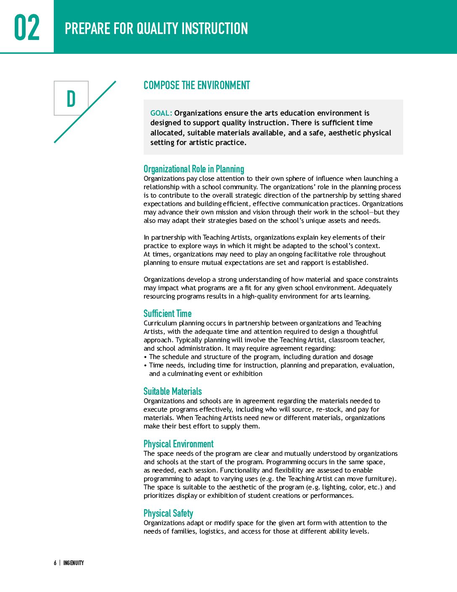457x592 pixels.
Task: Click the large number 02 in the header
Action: [x=27, y=28]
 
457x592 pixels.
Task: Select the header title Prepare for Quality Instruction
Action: [x=156, y=29]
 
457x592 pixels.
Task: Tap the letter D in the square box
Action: [x=71, y=99]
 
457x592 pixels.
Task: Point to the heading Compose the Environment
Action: [x=197, y=85]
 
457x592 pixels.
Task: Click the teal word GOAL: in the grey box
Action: [x=161, y=113]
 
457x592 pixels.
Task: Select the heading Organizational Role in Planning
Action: [x=194, y=169]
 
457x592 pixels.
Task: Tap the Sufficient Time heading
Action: [x=167, y=314]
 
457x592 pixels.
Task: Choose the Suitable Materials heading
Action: [x=172, y=391]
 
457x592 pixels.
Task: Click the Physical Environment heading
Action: [x=178, y=444]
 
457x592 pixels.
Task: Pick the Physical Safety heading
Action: [x=168, y=513]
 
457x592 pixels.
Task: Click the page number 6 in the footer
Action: [x=55, y=563]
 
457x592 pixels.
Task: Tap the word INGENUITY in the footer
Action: [x=74, y=563]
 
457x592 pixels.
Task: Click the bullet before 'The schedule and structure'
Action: [x=145, y=357]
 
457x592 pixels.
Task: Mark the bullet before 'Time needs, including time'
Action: [x=145, y=365]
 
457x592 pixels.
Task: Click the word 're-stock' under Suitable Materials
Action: [x=328, y=410]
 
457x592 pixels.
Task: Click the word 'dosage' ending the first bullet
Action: [x=363, y=357]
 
